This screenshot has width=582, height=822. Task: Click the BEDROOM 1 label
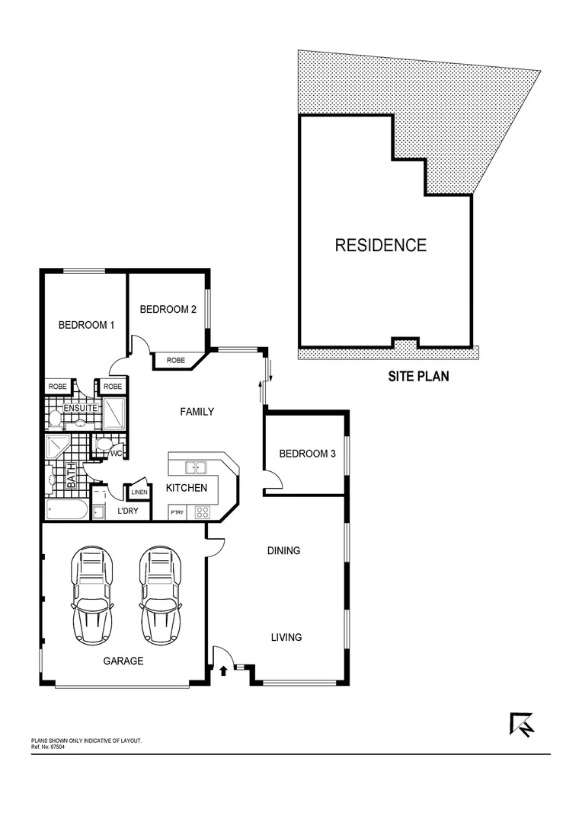(x=86, y=325)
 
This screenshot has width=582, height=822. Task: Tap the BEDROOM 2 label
(x=168, y=309)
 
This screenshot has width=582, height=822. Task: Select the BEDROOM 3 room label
(x=307, y=454)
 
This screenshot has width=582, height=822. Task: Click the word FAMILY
(x=197, y=412)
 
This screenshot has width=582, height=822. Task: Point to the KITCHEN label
(x=187, y=488)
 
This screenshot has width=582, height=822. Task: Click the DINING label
(x=283, y=550)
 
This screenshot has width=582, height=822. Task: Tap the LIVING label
(x=286, y=637)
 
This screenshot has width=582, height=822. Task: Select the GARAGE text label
(x=123, y=661)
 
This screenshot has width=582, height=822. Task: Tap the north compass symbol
(x=522, y=724)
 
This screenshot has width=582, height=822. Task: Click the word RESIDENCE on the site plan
(x=381, y=245)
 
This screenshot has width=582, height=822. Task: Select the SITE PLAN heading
(x=418, y=375)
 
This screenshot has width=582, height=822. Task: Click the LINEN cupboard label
(x=139, y=492)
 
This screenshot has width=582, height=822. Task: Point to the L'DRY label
(x=127, y=511)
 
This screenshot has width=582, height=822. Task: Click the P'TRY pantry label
(x=177, y=512)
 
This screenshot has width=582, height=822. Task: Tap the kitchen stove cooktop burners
(x=202, y=511)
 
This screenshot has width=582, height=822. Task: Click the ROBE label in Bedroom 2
(x=176, y=360)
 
